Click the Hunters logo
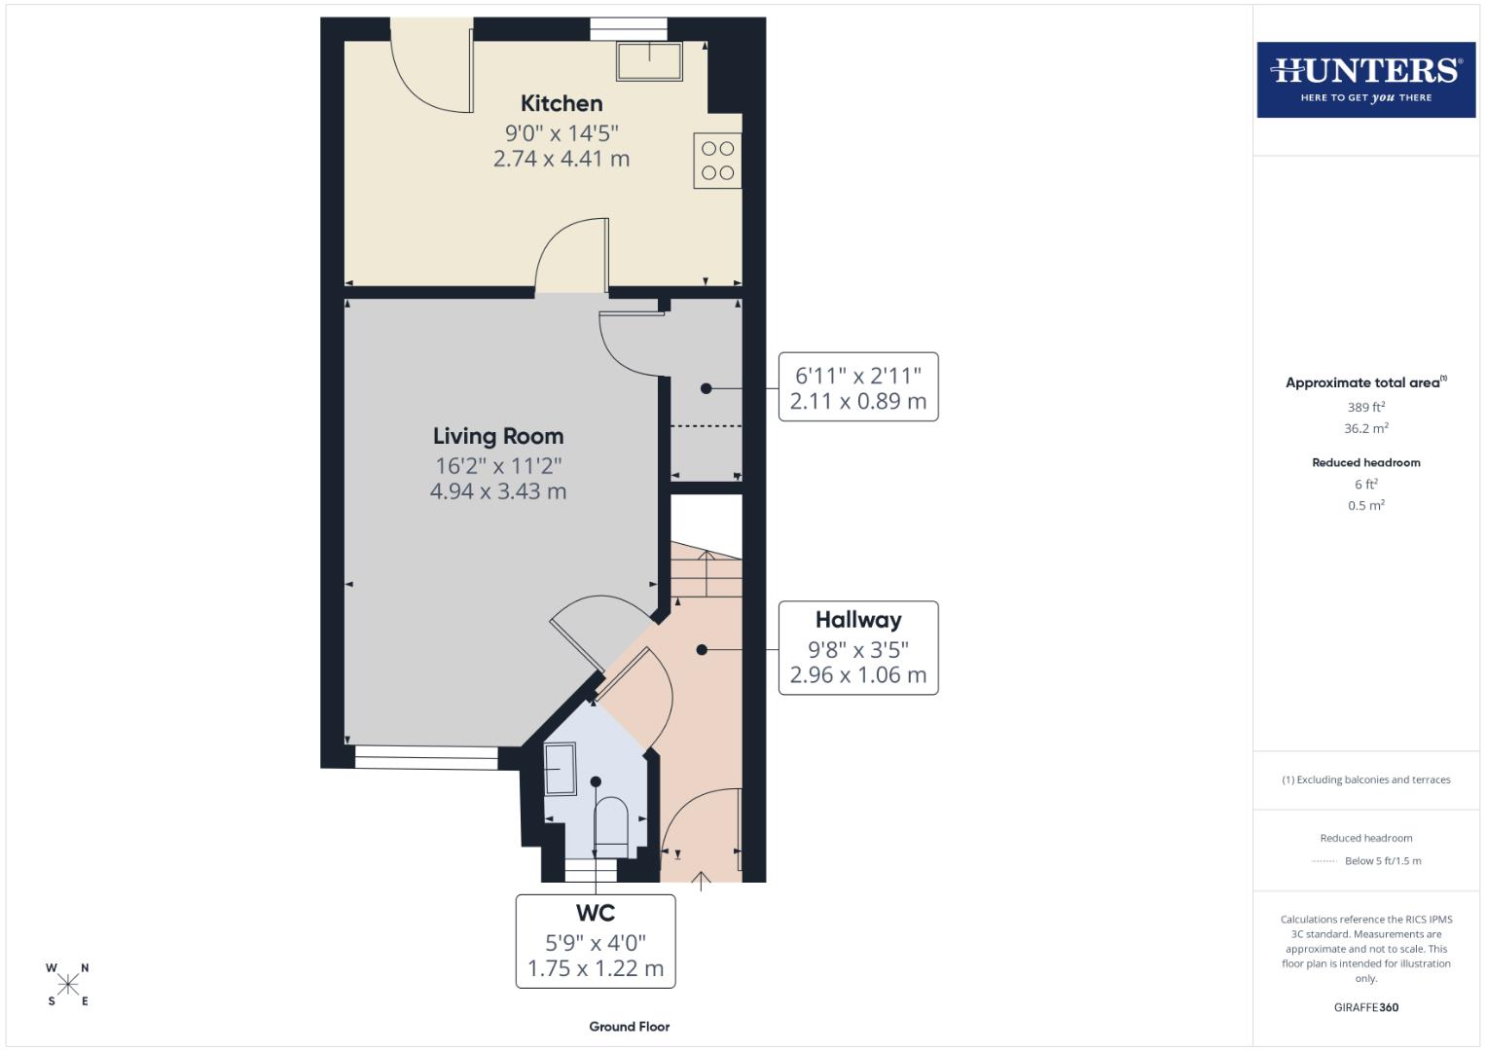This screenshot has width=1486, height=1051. point(1365,79)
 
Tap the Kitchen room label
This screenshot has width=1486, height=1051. point(562,103)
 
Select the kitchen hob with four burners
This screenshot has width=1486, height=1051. point(718,161)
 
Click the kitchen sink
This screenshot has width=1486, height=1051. point(649,61)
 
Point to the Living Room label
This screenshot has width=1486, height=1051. point(498,436)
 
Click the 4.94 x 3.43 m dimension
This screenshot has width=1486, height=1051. point(498,491)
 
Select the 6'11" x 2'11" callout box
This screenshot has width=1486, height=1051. point(857,387)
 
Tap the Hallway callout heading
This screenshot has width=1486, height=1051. point(857,620)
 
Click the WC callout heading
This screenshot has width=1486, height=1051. point(596,913)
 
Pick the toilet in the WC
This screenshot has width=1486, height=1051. point(611,822)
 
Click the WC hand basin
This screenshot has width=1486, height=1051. point(561,769)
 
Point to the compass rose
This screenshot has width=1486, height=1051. point(67,985)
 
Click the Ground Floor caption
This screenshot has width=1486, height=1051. point(629,1027)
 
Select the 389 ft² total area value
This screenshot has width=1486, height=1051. point(1365,408)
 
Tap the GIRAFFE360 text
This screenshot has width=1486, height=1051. point(1365,1007)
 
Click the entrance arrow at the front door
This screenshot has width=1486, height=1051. point(702,882)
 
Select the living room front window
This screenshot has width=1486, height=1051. point(426,757)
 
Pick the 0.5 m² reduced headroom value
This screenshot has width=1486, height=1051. point(1365,506)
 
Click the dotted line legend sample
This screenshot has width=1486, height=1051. point(1324,861)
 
